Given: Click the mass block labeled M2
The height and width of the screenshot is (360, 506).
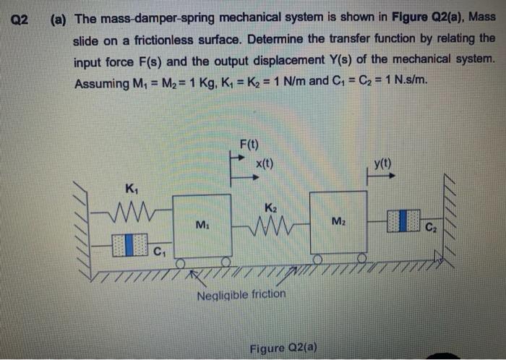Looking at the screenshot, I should coord(338,223).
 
